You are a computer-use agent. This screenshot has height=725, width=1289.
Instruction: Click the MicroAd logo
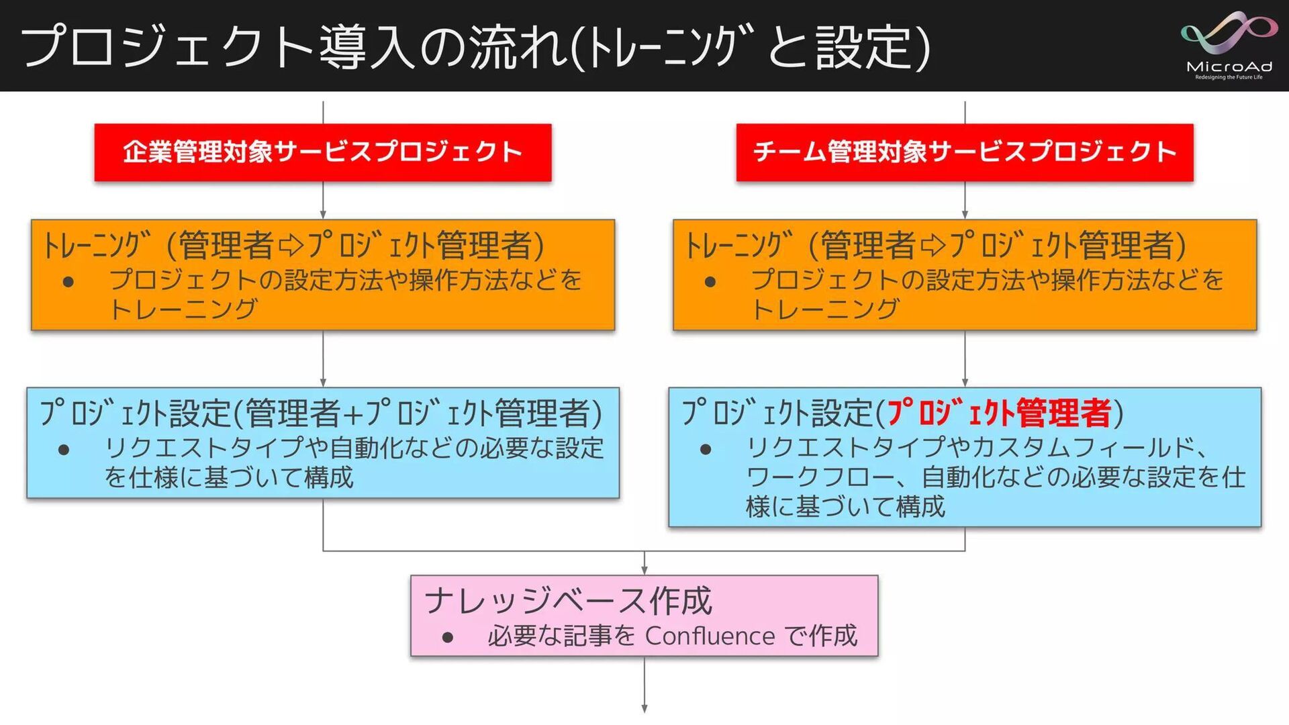coord(1229,46)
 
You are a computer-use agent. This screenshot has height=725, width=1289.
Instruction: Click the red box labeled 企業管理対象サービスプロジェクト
coord(323,152)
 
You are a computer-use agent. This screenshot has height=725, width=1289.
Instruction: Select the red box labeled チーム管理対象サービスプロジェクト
coord(965,152)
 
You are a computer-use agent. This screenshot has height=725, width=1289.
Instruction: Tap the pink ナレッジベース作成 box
coord(644,616)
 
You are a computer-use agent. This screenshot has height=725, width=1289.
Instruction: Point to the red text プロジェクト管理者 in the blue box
coord(1000,413)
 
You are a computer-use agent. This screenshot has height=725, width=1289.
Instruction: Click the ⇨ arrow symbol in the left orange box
coord(291,245)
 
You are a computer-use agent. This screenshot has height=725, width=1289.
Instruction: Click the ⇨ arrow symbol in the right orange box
coord(933,245)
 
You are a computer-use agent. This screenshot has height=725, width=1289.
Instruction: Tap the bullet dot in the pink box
coord(448,637)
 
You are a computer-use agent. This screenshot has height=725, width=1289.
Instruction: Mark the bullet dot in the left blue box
coord(64,449)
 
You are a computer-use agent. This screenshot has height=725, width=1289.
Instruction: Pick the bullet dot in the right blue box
coord(706,449)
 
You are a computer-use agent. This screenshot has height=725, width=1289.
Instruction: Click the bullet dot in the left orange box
coord(68,281)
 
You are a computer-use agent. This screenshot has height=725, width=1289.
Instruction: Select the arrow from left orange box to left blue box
coord(323,358)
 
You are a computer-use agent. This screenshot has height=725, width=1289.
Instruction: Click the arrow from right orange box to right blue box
coord(965,358)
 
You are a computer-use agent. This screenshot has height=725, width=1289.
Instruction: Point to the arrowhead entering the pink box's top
coord(644,570)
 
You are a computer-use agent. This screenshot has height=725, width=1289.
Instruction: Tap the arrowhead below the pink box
coord(644,708)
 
